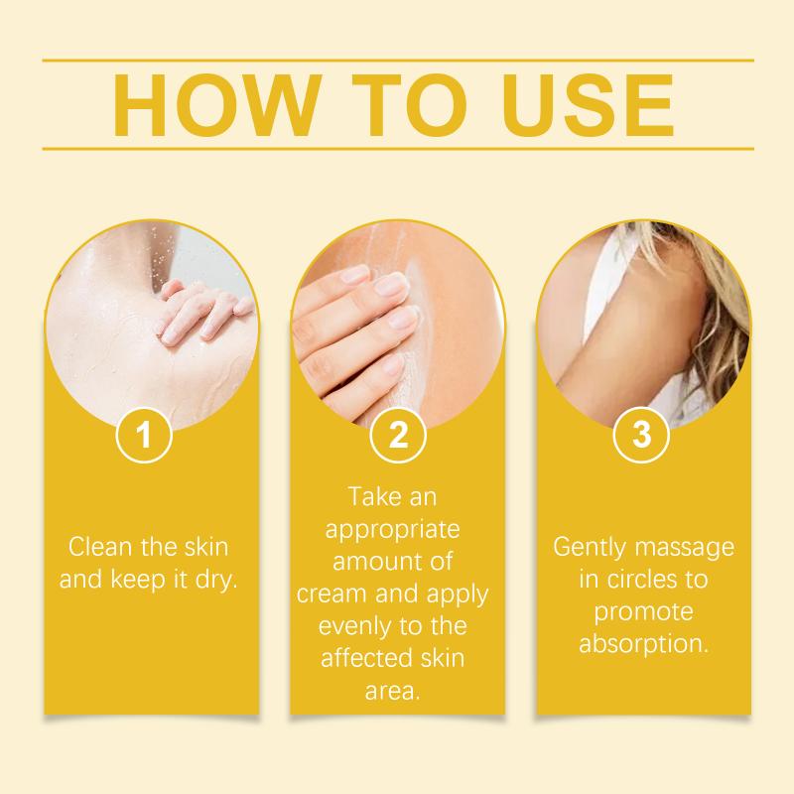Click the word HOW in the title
216,105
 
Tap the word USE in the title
588,105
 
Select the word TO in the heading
409,105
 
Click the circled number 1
144,435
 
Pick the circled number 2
398,435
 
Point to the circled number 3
641,435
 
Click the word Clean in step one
101,547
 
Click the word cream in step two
331,594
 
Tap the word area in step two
392,692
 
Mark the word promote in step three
643,612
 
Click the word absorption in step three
643,645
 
